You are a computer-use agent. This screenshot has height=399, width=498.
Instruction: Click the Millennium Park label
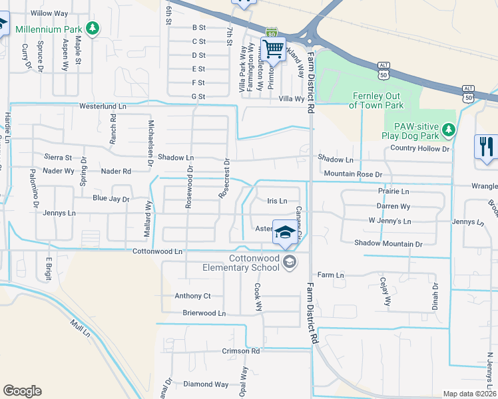pyautogui.click(x=49, y=29)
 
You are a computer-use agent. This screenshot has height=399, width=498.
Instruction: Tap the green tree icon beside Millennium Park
pyautogui.click(x=94, y=29)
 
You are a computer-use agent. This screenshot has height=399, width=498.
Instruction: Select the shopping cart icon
pyautogui.click(x=274, y=49)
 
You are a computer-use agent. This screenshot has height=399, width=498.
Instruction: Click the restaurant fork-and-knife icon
pyautogui.click(x=487, y=146)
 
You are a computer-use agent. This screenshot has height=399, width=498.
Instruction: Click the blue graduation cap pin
pyautogui.click(x=285, y=232)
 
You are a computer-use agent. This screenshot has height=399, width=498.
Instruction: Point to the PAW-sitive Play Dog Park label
pyautogui.click(x=412, y=131)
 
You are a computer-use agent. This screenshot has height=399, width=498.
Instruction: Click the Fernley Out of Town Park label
pyautogui.click(x=377, y=100)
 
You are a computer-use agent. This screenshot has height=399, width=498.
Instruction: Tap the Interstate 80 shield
pyautogui.click(x=271, y=33)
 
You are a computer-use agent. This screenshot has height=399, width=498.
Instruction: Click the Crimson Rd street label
pyautogui.click(x=241, y=351)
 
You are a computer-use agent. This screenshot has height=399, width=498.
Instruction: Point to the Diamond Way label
pyautogui.click(x=206, y=384)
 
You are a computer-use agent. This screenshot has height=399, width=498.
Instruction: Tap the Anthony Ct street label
pyautogui.click(x=192, y=296)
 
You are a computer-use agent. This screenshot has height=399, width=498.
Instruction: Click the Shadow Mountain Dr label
pyautogui.click(x=388, y=244)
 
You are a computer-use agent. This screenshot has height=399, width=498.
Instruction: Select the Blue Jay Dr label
pyautogui.click(x=111, y=199)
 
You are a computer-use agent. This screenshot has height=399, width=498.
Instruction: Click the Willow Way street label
pyautogui.click(x=49, y=13)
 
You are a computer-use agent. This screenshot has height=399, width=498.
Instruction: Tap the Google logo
pyautogui.click(x=22, y=390)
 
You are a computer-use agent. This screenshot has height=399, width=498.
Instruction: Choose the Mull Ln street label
pyautogui.click(x=80, y=328)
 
